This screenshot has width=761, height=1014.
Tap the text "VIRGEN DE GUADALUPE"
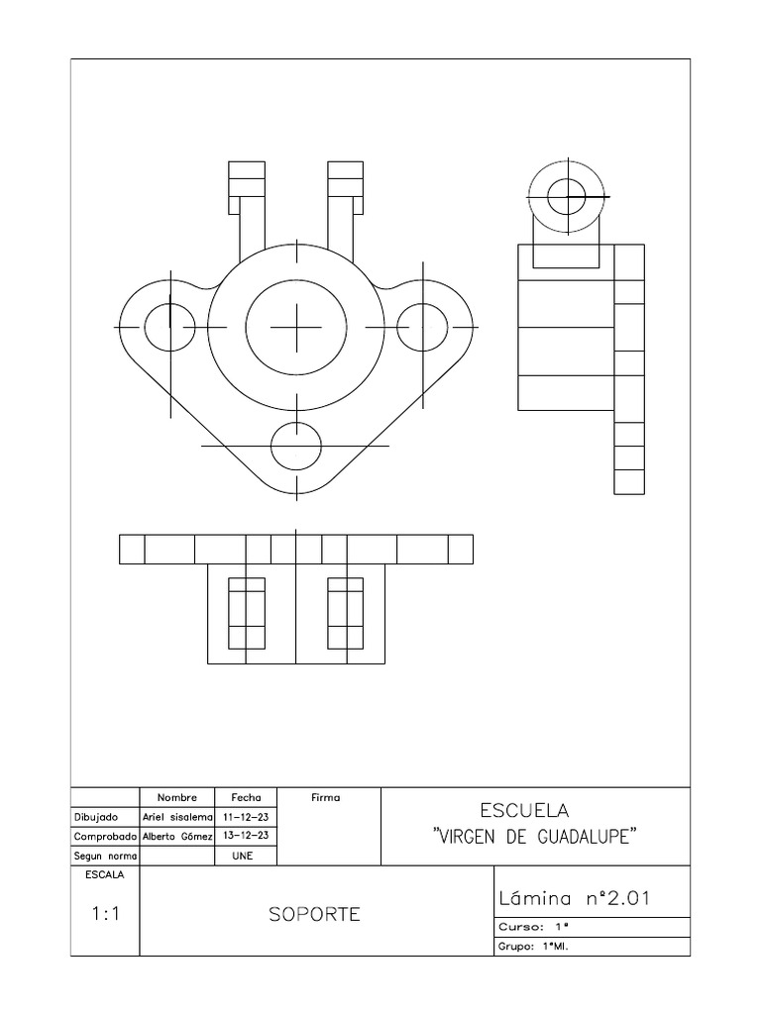[x=535, y=838]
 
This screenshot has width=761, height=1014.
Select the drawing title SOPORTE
[x=315, y=914]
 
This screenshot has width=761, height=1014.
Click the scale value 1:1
[x=104, y=915]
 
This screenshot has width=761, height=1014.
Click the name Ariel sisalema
[x=178, y=817]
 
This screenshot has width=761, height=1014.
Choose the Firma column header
[x=325, y=797]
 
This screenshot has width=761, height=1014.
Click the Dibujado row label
[x=96, y=817]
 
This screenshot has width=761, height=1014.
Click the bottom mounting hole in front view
[x=296, y=446]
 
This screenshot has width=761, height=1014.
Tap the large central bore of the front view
[x=296, y=326]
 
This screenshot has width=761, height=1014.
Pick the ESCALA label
[x=104, y=875]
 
